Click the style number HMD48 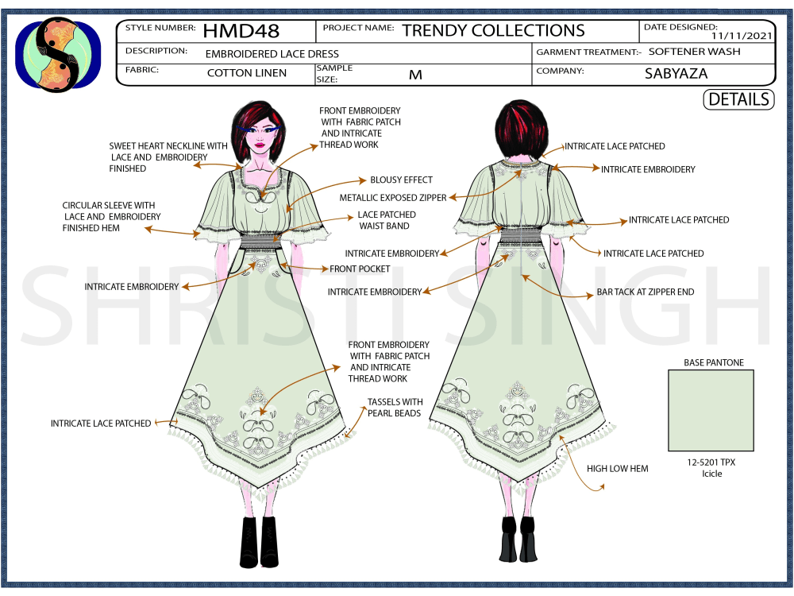point(241,32)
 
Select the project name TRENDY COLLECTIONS point(493,30)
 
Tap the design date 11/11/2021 point(742,36)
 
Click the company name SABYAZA point(676,73)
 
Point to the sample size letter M point(415,75)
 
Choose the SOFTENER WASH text point(694,51)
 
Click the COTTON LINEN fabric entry point(247,73)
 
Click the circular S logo point(58,55)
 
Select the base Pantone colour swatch point(711,411)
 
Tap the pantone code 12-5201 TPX point(711,462)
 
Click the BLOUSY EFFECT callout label point(401,180)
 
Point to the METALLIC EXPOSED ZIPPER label point(393,198)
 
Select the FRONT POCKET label point(360,269)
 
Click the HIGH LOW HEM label point(617,469)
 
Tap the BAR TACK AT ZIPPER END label point(645,292)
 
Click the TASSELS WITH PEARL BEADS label point(395,408)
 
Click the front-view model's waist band point(260,240)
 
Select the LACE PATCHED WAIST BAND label point(386,220)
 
